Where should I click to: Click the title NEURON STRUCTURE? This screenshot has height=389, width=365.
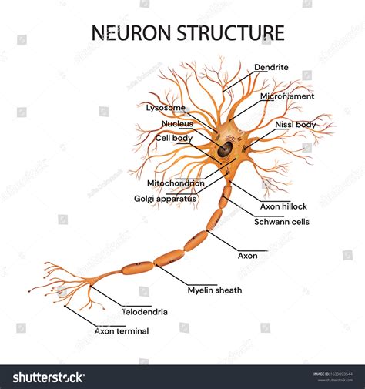click(188, 33)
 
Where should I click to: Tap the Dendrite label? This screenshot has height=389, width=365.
click(271, 68)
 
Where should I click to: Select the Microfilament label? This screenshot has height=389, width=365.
click(286, 97)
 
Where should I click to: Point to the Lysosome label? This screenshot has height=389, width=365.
click(165, 108)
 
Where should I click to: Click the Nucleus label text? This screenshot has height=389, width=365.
click(177, 123)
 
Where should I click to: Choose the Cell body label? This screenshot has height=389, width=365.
click(172, 137)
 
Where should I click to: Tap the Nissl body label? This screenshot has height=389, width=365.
click(294, 124)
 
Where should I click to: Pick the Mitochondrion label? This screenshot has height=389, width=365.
click(176, 183)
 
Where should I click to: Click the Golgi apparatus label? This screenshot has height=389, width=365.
click(166, 198)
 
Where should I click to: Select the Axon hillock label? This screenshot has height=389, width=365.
click(283, 206)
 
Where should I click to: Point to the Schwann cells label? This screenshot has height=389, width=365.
click(282, 221)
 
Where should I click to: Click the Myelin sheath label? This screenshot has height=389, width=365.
click(215, 290)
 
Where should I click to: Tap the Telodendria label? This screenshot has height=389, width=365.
click(145, 312)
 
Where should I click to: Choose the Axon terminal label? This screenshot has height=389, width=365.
click(122, 330)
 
